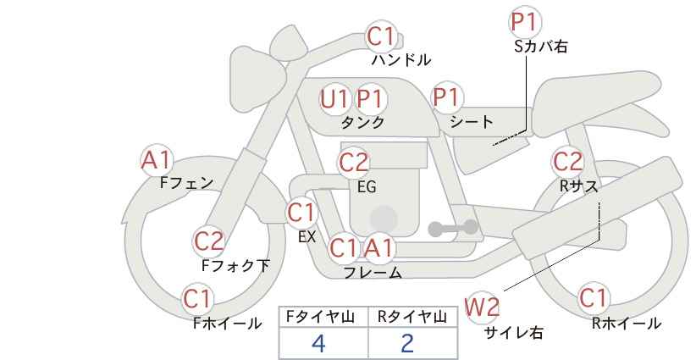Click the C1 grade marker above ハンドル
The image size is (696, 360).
point(381,36)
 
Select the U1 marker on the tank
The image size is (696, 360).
point(334,99)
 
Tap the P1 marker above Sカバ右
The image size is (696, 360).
point(524,22)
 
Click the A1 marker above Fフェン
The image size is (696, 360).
point(155,160)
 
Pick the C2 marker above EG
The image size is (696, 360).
point(354,163)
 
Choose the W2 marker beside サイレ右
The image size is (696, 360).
point(482,307)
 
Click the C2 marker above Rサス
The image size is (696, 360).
point(567,162)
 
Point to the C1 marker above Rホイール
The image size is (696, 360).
point(594,298)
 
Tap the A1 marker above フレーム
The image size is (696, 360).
point(378,248)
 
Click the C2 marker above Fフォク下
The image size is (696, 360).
point(209,242)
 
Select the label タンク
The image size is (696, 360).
point(362,123)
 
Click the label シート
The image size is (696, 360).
point(472,122)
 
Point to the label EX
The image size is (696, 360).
point(307,237)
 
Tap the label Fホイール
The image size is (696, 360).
point(227,324)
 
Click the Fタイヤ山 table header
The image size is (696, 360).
point(320,317)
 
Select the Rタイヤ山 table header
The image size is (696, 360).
point(412,317)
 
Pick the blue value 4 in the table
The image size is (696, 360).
point(318,343)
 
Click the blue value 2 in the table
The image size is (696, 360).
point(407,343)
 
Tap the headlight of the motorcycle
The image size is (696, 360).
point(257,83)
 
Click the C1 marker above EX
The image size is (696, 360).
point(301,213)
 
